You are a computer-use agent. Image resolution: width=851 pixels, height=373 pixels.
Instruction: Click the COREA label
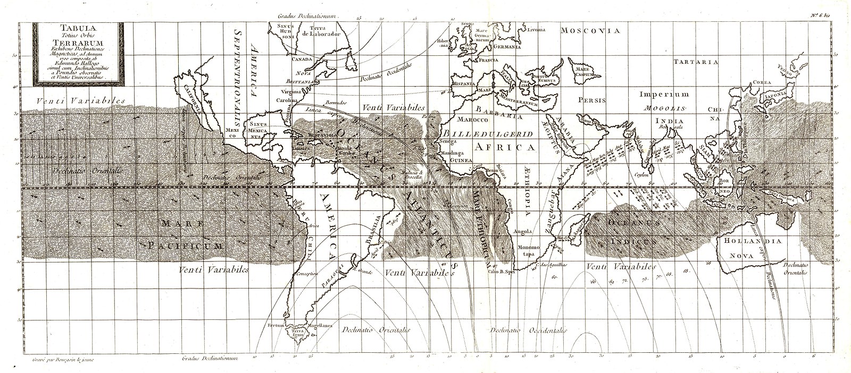tap(759, 83)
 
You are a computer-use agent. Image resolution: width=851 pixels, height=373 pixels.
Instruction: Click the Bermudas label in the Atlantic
tap(336, 103)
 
